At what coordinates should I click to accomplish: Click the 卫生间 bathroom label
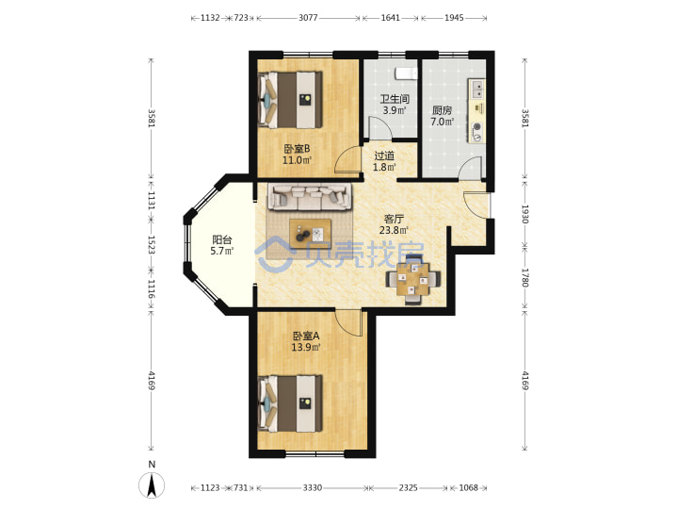395,99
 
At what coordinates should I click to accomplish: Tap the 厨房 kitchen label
442,110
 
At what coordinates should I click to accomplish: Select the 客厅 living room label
394,219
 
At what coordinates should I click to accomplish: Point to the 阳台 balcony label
222,239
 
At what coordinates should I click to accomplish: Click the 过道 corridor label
384,156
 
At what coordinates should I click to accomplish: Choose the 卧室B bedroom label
297,149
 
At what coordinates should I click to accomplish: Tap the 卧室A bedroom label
306,336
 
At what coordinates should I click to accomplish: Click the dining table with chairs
413,280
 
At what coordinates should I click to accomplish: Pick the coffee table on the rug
311,234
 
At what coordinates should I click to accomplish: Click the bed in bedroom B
291,100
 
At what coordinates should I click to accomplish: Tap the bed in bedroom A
291,403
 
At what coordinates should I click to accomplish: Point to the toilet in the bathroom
406,74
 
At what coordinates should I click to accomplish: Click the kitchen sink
477,90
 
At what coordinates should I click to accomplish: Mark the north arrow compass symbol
152,485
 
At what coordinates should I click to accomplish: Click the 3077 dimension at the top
308,18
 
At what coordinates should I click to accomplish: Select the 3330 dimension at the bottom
313,488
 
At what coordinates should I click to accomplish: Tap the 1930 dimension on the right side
525,214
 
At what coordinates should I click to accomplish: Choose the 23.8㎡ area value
394,230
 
